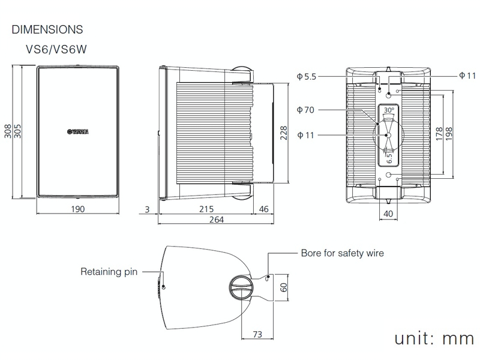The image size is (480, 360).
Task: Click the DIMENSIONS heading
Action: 47,29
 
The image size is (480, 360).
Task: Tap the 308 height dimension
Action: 8,132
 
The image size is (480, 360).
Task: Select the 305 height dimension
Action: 17,132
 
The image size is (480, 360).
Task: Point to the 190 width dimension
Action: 77,209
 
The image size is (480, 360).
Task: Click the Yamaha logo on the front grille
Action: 77,132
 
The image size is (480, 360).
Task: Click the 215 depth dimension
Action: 206,209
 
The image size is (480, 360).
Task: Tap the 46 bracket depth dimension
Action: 263,209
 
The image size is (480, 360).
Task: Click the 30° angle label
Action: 389,110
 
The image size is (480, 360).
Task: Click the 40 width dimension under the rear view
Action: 388,214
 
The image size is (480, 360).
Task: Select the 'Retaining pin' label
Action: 109,272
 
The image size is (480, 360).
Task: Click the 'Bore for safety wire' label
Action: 342,253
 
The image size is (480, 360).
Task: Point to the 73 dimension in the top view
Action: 257,334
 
